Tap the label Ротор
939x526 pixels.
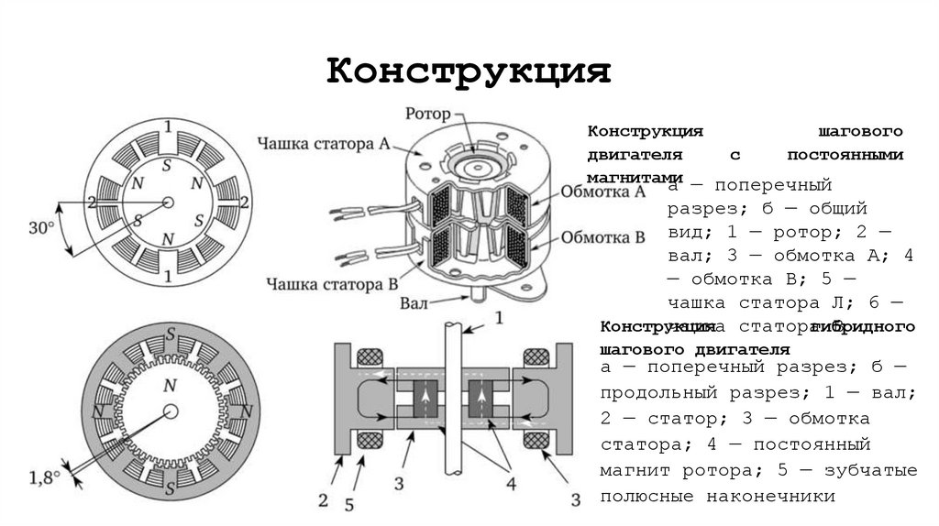(x=427, y=115)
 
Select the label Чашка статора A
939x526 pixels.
(x=325, y=143)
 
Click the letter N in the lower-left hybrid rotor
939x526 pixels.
(x=169, y=386)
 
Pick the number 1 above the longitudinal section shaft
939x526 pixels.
(x=499, y=318)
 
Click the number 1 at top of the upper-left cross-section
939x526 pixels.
(x=167, y=126)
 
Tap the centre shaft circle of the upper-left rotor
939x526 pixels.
(x=167, y=203)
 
